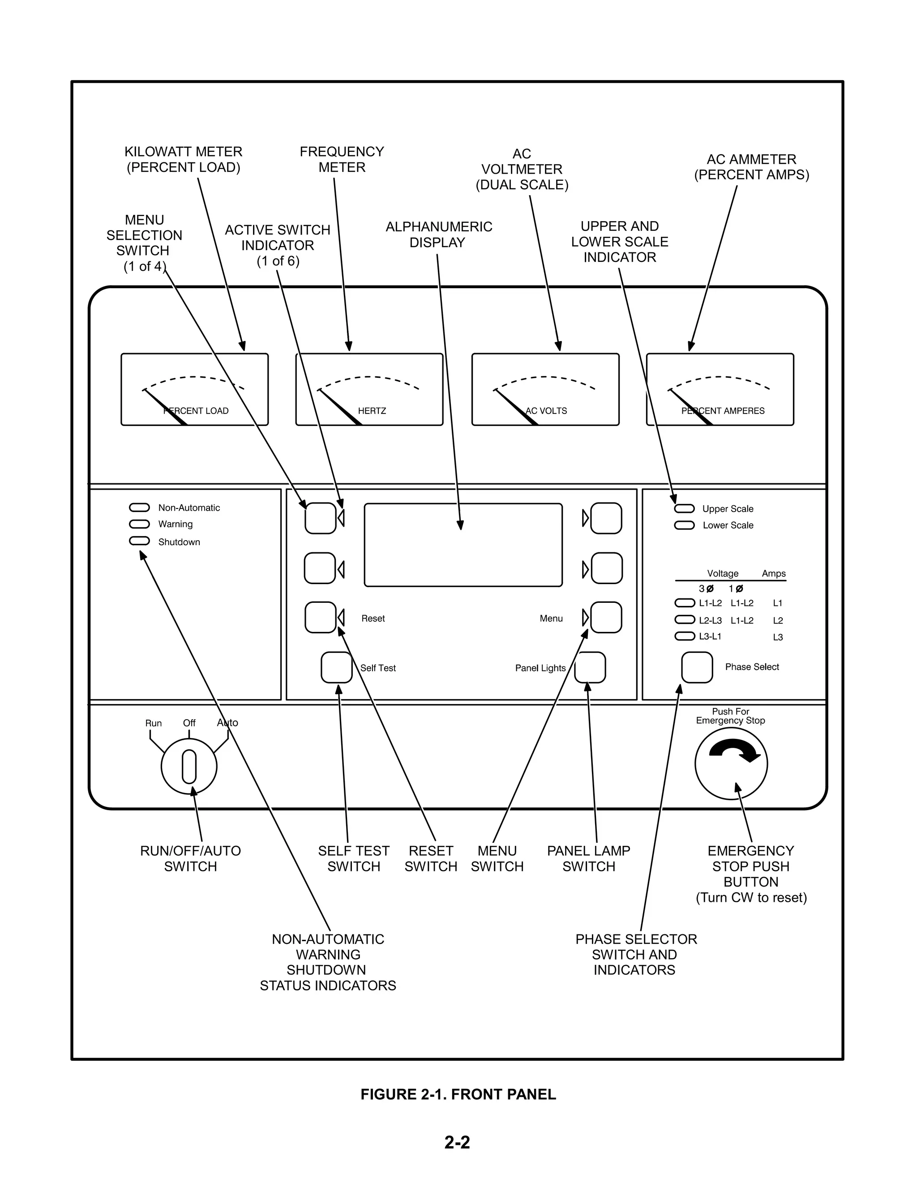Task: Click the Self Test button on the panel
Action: click(337, 667)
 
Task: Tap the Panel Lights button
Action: click(590, 667)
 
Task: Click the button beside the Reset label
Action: click(321, 618)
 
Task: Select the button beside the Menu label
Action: click(606, 618)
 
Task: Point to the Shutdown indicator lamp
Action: click(139, 541)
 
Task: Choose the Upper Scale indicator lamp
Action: click(685, 508)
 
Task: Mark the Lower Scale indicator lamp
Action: click(685, 525)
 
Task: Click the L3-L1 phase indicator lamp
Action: click(685, 636)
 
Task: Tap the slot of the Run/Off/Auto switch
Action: click(189, 766)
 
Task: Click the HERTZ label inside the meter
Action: click(372, 411)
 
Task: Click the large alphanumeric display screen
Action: click(463, 545)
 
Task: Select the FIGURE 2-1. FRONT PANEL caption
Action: click(458, 1094)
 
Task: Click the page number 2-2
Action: click(458, 1143)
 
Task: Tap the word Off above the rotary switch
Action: click(189, 723)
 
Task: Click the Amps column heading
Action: click(774, 573)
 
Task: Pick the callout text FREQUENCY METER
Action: click(342, 159)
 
